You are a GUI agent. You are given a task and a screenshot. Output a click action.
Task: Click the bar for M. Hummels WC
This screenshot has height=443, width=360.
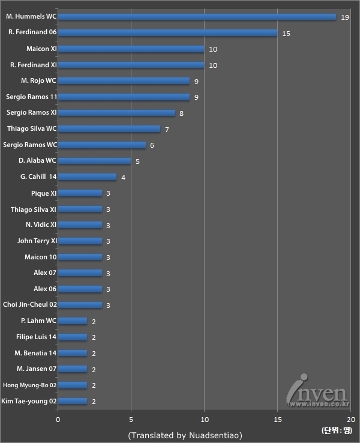pyautogui.click(x=197, y=17)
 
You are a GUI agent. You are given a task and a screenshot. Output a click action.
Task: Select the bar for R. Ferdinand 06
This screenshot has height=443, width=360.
pyautogui.click(x=167, y=33)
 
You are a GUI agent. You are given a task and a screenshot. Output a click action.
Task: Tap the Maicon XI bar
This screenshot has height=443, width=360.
pyautogui.click(x=131, y=49)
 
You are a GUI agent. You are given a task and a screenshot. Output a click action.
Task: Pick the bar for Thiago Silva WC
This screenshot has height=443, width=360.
pyautogui.click(x=109, y=129)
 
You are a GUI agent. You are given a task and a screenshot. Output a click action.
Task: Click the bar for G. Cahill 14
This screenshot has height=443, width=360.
pyautogui.click(x=87, y=177)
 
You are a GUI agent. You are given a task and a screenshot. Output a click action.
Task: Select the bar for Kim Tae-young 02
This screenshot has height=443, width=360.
pyautogui.click(x=73, y=401)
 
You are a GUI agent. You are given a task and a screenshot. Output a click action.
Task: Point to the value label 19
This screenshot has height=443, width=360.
pyautogui.click(x=344, y=17)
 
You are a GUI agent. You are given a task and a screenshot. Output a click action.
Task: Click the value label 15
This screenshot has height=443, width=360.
pyautogui.click(x=286, y=34)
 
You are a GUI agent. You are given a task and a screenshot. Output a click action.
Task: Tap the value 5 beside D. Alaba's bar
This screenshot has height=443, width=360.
pyautogui.click(x=137, y=161)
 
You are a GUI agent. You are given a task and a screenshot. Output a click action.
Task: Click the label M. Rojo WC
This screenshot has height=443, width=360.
pyautogui.click(x=38, y=80)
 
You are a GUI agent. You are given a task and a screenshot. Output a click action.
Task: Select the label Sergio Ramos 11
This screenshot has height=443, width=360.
pyautogui.click(x=31, y=97)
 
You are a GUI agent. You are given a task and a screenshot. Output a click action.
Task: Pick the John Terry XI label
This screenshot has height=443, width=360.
pyautogui.click(x=37, y=241)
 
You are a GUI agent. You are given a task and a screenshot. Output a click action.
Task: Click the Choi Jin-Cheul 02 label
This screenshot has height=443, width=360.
pyautogui.click(x=29, y=304)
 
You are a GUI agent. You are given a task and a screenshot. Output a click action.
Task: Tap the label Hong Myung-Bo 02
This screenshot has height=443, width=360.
pyautogui.click(x=31, y=385)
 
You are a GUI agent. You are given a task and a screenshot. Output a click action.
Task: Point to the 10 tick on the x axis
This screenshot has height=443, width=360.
pyautogui.click(x=204, y=420)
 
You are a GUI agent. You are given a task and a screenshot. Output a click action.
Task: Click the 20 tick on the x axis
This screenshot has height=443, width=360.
pyautogui.click(x=350, y=420)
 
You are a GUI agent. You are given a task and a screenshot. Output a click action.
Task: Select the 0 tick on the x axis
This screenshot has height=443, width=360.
pyautogui.click(x=58, y=420)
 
